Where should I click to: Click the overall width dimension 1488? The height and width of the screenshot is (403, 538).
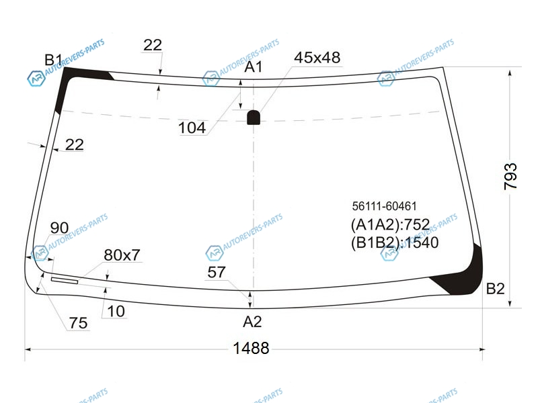pos(251,348)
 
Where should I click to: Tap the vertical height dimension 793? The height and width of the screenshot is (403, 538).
pos(510,177)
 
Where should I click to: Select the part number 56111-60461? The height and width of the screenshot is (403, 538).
pos(384,206)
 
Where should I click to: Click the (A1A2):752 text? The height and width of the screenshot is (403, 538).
pos(390,225)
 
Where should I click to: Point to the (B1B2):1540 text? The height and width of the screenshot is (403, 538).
pos(395,242)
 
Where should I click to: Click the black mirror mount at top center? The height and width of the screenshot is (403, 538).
pos(254,117)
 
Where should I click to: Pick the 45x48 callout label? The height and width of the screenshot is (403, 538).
pos(317,58)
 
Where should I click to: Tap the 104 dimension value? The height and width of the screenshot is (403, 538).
pos(192,128)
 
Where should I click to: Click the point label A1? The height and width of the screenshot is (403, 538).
pos(254,66)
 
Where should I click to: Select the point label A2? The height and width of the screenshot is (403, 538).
pos(252,322)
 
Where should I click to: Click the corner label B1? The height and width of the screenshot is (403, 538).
pos(53,60)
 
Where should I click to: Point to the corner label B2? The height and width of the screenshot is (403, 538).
pos(496,289)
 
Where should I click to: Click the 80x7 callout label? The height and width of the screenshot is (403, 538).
pos(122,255)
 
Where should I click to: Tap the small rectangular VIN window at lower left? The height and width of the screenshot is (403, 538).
pos(65,281)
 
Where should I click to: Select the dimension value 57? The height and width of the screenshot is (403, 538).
pos(216,273)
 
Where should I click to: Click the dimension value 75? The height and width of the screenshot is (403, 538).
pos(78,323)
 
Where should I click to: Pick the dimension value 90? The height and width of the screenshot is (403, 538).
pos(59,228)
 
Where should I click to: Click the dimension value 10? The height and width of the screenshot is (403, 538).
pos(116,312)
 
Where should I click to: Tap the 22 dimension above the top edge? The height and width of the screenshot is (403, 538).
pos(153,45)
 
